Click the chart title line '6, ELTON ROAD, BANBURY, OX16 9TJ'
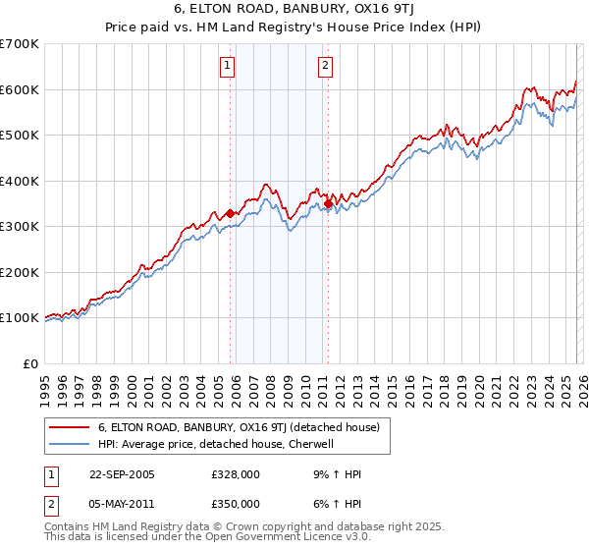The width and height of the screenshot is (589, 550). click(x=294, y=10)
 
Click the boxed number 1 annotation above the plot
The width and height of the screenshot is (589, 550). click(x=227, y=67)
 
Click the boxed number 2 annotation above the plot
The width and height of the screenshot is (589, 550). click(x=325, y=67)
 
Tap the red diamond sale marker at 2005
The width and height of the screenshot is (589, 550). click(x=231, y=213)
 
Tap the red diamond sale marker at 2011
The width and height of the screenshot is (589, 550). click(x=328, y=203)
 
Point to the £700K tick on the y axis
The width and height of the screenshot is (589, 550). click(x=21, y=44)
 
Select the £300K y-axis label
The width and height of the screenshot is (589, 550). click(x=21, y=227)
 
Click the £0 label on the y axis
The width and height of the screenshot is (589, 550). click(x=30, y=363)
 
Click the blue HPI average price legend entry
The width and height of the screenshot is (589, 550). click(x=216, y=444)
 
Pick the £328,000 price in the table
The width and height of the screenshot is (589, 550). click(x=236, y=474)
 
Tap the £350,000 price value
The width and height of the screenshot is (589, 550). click(x=236, y=504)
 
